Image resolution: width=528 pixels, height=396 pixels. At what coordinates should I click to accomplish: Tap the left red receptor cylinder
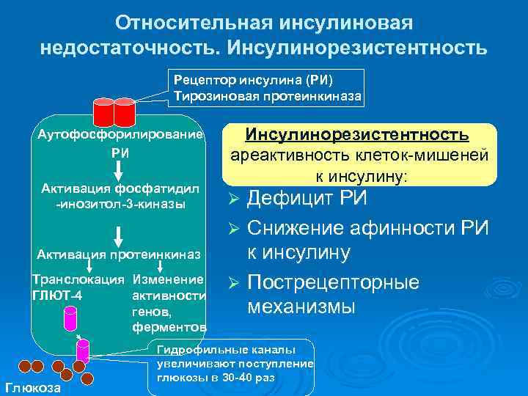coord(103,111)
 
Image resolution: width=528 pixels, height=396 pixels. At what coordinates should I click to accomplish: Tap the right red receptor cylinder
coord(124,111)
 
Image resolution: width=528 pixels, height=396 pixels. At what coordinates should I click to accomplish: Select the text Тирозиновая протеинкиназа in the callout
coord(267,95)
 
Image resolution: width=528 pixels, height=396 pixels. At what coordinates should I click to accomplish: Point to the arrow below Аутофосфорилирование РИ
coord(119,168)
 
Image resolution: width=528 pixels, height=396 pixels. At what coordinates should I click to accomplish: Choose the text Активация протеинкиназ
coord(119,255)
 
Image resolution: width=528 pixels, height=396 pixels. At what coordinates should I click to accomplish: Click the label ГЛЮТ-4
coord(57,296)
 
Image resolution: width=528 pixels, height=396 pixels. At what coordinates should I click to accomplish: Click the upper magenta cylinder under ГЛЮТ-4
coord(70,318)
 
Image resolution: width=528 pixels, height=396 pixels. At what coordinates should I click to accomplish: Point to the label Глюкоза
coord(32,387)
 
